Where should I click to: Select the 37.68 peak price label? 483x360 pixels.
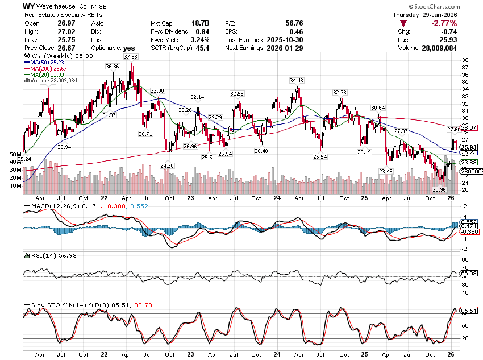click(x=131, y=57)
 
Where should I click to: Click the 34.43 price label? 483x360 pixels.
click(x=297, y=81)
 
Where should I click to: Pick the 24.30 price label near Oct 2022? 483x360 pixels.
click(x=167, y=165)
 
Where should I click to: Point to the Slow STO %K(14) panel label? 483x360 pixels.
click(x=57, y=304)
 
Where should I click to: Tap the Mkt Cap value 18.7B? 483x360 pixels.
click(x=199, y=23)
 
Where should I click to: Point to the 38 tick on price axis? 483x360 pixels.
click(x=464, y=60)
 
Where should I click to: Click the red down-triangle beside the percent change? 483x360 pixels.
click(x=402, y=23)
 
